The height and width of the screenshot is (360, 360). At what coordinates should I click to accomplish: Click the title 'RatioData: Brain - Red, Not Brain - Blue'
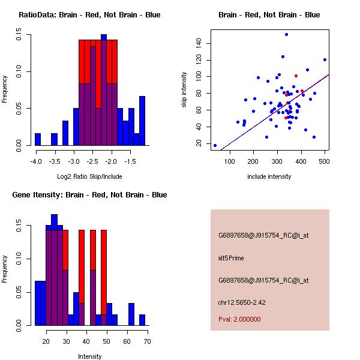point(89,14)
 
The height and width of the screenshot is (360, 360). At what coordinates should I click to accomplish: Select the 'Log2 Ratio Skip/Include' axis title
point(89,178)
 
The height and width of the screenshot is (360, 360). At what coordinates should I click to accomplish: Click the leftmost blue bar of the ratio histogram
point(38,139)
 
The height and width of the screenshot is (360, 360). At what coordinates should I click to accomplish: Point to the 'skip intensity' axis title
point(184,90)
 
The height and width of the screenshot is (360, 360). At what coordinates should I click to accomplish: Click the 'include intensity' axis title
point(269,176)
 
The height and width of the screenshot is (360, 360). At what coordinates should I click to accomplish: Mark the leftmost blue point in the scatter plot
point(215,145)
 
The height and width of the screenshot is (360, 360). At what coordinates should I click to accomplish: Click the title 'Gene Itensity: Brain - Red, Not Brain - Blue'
point(89,195)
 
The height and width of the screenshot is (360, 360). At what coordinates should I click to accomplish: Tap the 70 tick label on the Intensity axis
point(147,341)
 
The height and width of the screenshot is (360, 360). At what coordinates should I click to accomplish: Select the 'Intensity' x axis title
point(90,356)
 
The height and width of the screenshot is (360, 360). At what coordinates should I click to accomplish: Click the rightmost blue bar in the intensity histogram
point(142,320)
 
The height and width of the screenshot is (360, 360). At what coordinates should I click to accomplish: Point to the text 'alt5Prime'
point(231,258)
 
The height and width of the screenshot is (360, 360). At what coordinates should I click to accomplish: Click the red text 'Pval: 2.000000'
point(239,319)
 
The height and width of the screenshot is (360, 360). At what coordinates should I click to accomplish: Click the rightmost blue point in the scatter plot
point(325,59)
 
